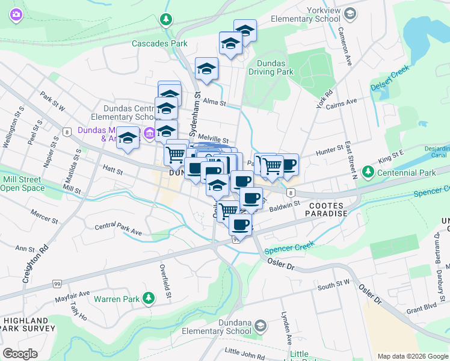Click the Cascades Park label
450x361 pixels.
click(x=159, y=43)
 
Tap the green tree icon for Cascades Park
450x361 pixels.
click(x=165, y=21)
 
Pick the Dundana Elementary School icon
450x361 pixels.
click(x=260, y=326)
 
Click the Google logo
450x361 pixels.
click(x=20, y=353)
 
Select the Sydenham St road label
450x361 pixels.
click(x=197, y=105)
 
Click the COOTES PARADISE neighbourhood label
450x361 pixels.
click(x=328, y=209)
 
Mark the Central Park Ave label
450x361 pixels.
click(x=118, y=229)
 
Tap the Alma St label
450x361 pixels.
click(x=214, y=103)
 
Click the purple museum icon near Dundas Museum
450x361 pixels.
click(x=149, y=132)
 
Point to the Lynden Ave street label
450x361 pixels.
click(x=286, y=326)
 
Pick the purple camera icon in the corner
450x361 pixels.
click(x=16, y=15)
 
